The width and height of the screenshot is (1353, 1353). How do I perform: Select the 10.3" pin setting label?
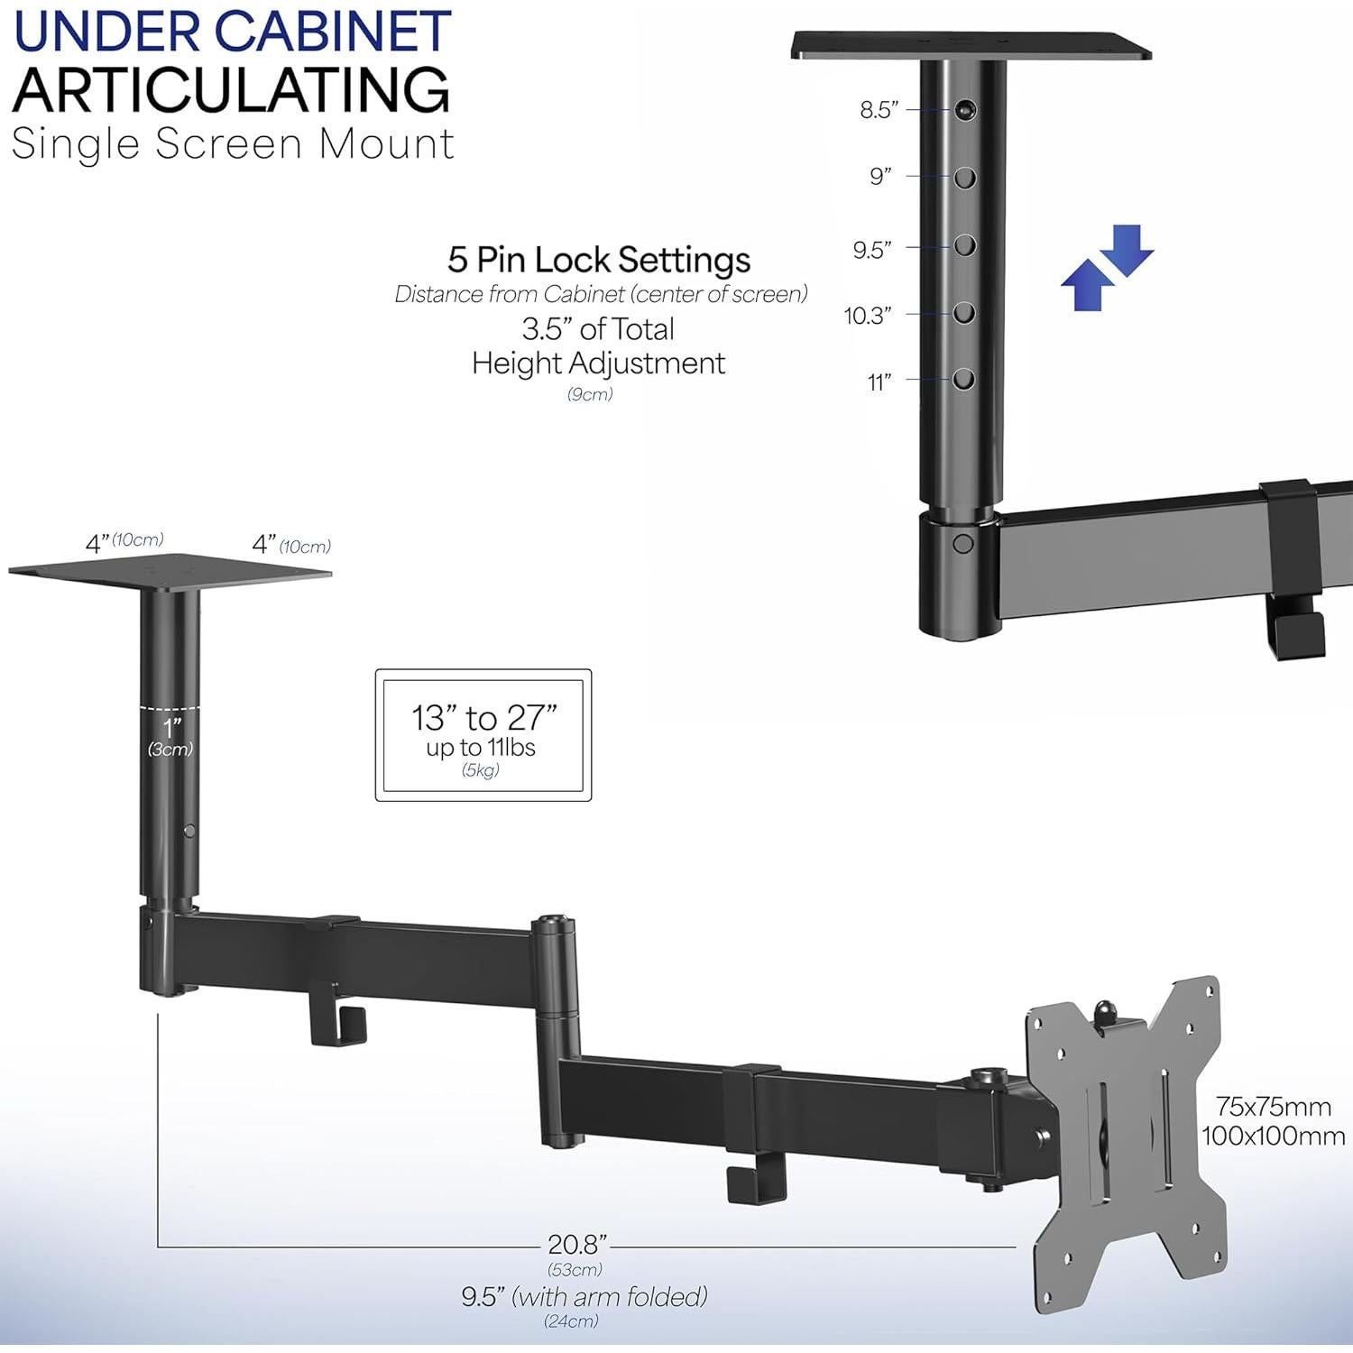click(868, 316)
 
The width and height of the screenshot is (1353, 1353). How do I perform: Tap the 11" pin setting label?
click(879, 382)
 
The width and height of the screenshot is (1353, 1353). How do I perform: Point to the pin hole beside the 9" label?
click(965, 178)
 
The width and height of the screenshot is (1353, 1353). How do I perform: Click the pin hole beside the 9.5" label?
click(965, 245)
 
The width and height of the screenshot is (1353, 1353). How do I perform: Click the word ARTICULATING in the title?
click(231, 90)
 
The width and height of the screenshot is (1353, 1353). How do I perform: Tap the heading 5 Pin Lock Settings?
click(599, 260)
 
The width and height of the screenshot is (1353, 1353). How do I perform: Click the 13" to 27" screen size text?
click(483, 718)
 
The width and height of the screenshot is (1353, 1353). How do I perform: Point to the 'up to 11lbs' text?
click(481, 748)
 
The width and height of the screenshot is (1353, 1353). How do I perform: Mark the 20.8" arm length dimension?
click(576, 1245)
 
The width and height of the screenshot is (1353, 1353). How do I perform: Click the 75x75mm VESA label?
click(1273, 1106)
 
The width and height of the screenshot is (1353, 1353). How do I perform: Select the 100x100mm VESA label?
click(1273, 1136)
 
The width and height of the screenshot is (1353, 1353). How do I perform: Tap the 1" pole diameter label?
click(170, 727)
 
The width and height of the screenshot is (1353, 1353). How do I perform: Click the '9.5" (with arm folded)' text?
click(584, 1297)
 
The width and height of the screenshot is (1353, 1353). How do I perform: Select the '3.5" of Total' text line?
click(598, 329)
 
